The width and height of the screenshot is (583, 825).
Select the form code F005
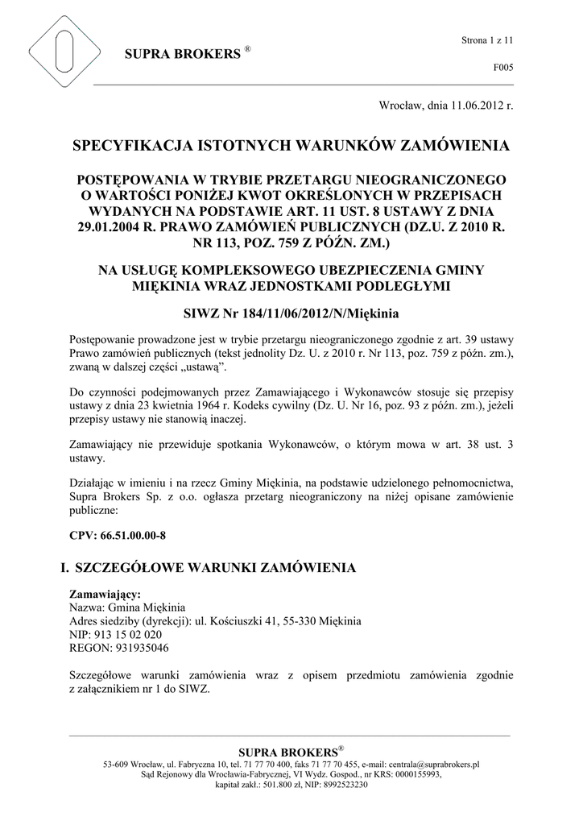503,68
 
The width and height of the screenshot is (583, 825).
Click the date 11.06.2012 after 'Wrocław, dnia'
478,106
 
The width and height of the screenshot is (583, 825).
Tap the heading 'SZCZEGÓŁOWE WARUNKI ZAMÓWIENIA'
215,567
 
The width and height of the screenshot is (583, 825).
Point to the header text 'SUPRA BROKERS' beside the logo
183,55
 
